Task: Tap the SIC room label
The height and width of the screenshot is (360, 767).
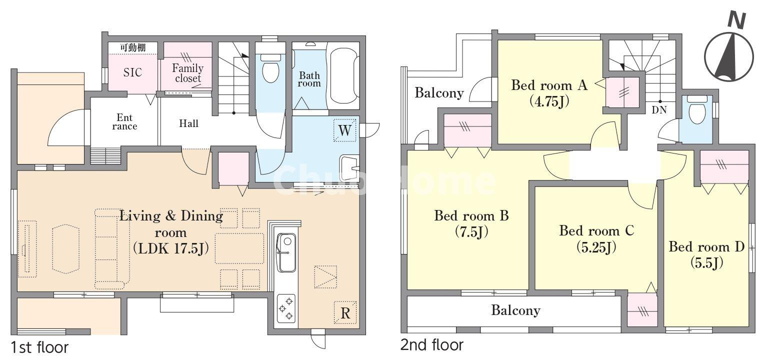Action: [132, 72]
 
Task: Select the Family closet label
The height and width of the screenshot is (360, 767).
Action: [187, 73]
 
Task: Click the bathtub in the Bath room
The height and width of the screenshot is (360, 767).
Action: [343, 76]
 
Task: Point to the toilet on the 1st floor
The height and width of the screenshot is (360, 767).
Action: [270, 70]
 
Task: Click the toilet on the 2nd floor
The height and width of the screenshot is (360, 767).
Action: [695, 113]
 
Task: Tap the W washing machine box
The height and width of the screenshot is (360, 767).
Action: [345, 130]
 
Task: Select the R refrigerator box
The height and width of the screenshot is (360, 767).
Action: [345, 313]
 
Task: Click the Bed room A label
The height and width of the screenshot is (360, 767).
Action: [548, 85]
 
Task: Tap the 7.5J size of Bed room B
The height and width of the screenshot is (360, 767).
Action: [471, 232]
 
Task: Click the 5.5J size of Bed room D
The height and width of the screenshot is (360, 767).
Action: [706, 262]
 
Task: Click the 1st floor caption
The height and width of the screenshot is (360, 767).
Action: [39, 347]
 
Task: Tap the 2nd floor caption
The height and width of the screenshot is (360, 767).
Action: [431, 344]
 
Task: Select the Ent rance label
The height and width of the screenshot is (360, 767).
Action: [124, 122]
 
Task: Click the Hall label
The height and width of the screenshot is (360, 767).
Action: [188, 123]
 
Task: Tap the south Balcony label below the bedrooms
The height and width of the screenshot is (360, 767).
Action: [515, 310]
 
